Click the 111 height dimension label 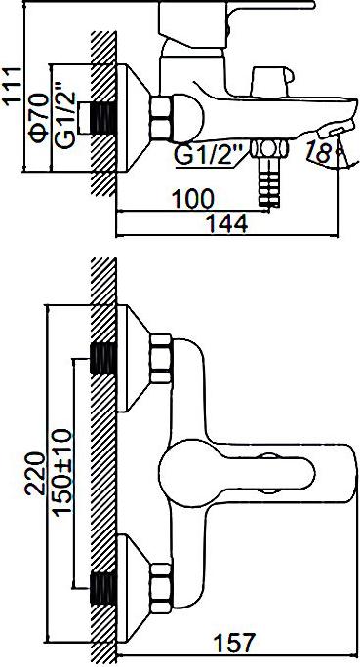[12, 86]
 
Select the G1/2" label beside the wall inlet [65, 118]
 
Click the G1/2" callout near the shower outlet [208, 155]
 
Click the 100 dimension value [192, 199]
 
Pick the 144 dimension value [226, 223]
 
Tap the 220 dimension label [35, 474]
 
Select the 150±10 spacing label [62, 471]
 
